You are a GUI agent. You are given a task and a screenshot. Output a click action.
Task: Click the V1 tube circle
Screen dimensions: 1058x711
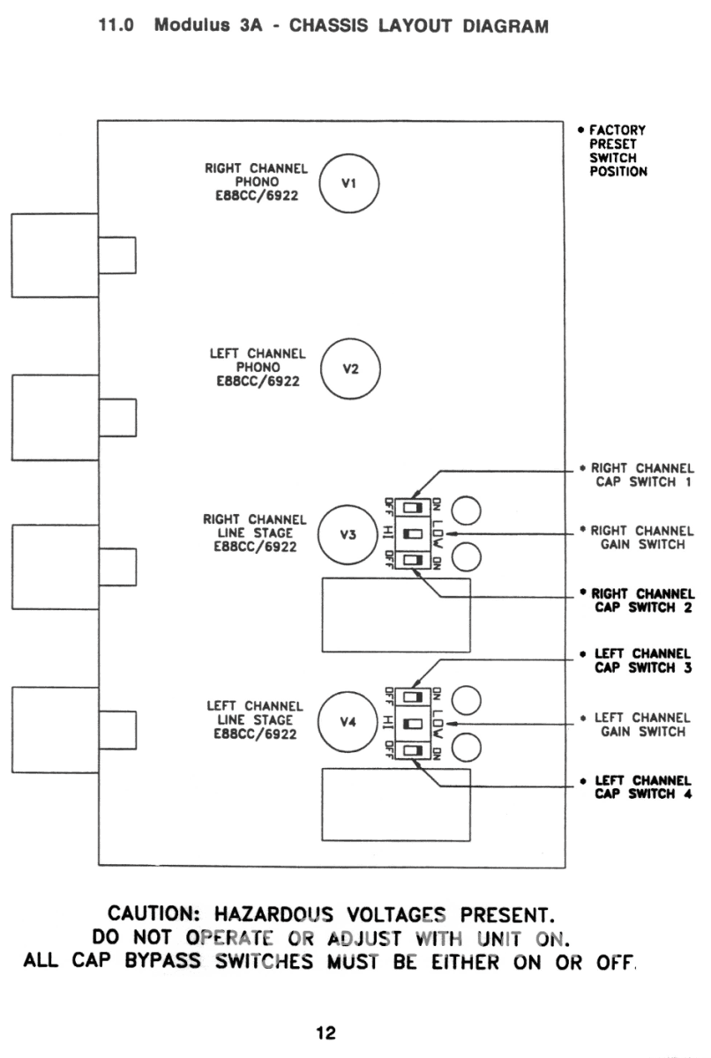pos(348,183)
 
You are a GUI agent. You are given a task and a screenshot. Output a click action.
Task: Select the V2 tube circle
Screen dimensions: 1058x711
pos(349,369)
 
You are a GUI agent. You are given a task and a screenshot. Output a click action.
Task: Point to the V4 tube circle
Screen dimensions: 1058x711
pos(347,722)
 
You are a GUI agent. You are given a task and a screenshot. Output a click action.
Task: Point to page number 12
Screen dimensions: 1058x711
pos(326,1033)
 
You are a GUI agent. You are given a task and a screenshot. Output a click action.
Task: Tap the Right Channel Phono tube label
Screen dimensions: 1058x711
pos(257,183)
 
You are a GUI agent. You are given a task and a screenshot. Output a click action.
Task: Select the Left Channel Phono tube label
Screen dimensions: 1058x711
pos(257,368)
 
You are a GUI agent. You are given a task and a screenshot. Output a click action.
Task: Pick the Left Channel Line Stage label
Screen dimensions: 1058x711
pos(256,719)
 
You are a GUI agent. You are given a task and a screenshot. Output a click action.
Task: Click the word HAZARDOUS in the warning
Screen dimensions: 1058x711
pos(277,909)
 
